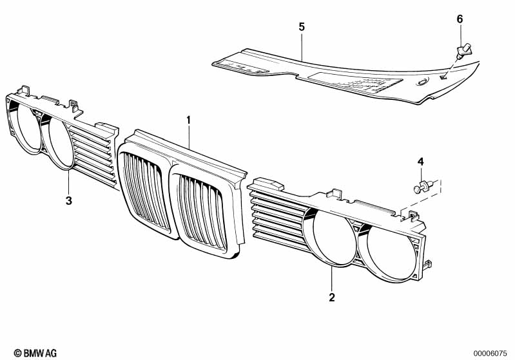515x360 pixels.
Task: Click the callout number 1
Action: coord(189,120)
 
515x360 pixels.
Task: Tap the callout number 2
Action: coord(331,297)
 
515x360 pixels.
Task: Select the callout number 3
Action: coord(69,200)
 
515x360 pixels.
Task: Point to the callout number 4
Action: coord(420,160)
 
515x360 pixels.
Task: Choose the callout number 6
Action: coord(460,19)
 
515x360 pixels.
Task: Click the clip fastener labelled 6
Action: coord(464,49)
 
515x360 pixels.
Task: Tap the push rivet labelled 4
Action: coord(422,187)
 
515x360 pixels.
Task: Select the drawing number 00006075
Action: coord(492,352)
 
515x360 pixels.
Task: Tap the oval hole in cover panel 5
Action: coord(422,82)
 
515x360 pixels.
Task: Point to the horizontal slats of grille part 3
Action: coord(97,155)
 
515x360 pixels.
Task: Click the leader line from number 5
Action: coord(302,44)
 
